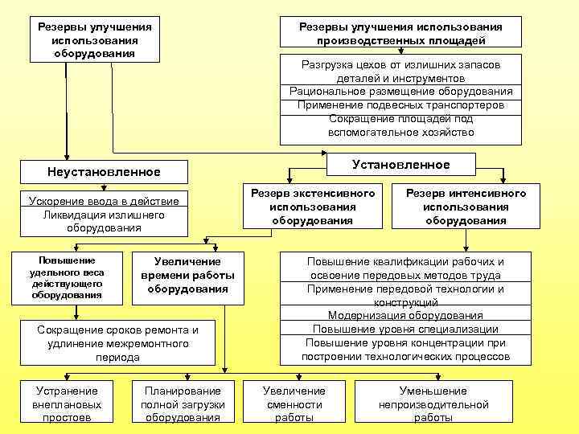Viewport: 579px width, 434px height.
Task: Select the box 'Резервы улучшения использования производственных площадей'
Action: (x=400, y=33)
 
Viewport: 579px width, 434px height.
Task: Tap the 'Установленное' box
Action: (x=400, y=165)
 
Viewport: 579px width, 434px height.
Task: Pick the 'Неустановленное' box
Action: (x=105, y=172)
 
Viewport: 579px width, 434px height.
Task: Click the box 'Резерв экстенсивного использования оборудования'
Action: (x=312, y=207)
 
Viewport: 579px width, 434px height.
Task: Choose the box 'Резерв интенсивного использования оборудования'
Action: (x=466, y=207)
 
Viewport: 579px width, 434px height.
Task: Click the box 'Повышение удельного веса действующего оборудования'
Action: (x=67, y=278)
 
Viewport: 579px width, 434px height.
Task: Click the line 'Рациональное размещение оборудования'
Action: (x=400, y=92)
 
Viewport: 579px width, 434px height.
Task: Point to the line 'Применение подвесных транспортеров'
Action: (x=400, y=105)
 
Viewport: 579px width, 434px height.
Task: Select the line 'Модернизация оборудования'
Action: (x=405, y=316)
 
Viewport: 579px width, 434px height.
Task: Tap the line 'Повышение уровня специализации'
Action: (x=405, y=329)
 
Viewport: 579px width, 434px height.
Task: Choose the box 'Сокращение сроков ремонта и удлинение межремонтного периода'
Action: (x=117, y=343)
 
